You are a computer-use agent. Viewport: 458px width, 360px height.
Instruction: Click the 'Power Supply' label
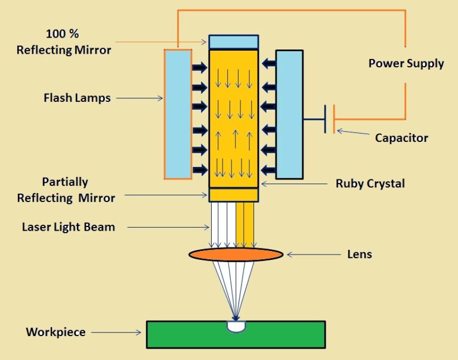click(406, 63)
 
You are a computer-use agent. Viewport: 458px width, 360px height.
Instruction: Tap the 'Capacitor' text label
click(401, 138)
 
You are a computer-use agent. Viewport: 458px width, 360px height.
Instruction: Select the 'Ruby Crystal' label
click(370, 184)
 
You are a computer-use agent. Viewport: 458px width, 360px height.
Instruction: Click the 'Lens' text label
click(360, 255)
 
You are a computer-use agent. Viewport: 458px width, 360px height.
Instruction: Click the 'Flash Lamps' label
click(77, 98)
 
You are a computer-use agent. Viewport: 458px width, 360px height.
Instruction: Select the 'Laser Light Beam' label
click(69, 226)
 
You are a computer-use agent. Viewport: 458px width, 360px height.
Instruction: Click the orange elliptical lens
click(236, 255)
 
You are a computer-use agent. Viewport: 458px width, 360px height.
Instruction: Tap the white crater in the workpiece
click(236, 326)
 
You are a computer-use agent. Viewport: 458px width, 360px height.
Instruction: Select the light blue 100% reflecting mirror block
click(233, 42)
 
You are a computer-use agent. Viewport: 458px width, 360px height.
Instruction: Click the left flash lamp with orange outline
click(178, 114)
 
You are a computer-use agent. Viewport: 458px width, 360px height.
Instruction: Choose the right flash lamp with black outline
click(289, 114)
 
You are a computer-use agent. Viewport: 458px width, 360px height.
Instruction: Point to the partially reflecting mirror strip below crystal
click(233, 195)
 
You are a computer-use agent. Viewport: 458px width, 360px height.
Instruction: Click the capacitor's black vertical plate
click(325, 119)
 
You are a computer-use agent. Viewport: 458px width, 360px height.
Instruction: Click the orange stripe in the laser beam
click(245, 224)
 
